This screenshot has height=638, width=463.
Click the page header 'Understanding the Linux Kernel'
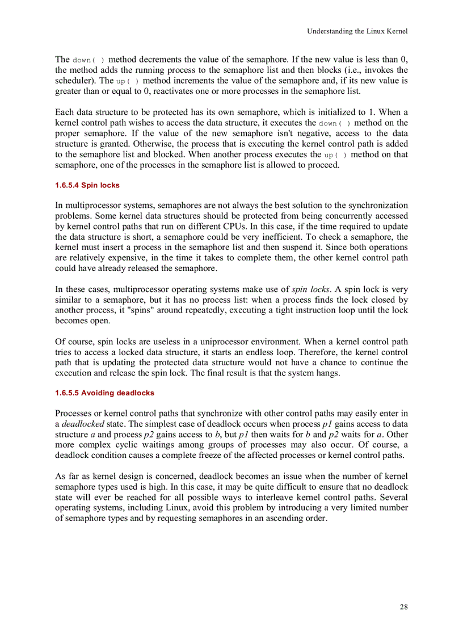point(357,31)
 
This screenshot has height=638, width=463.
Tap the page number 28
point(403,607)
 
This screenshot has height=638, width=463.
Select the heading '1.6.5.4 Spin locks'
point(87,185)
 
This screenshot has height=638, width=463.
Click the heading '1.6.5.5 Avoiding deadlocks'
point(104,393)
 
